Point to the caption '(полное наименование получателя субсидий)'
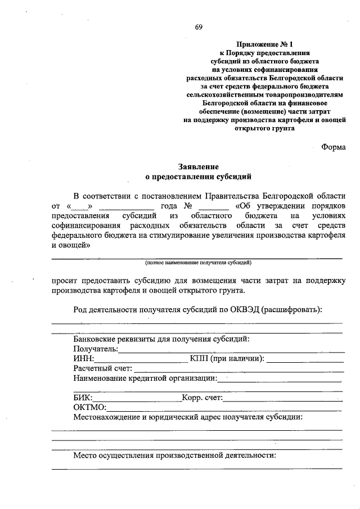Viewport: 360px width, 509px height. (197, 263)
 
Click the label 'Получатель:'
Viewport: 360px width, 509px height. (95, 349)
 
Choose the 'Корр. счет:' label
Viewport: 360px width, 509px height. (202, 398)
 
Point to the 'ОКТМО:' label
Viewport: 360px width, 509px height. (89, 408)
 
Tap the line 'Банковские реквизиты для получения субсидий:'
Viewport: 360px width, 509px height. (161, 339)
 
